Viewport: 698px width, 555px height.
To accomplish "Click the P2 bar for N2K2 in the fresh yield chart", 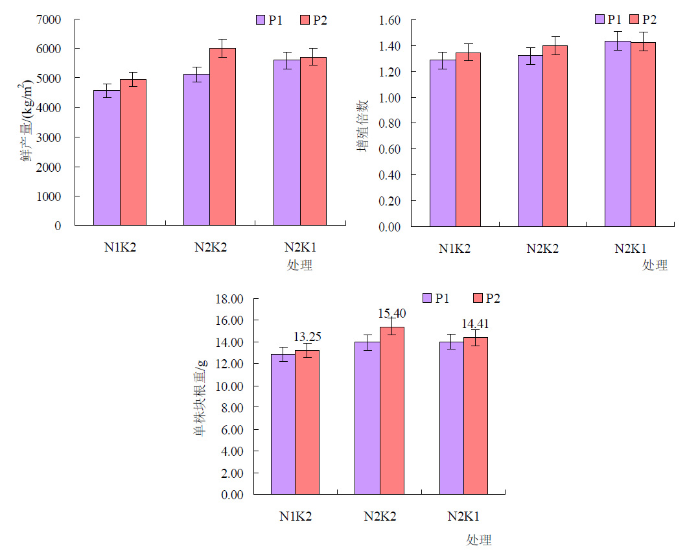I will click(222, 137).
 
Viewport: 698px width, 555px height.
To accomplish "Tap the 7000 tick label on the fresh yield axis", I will click(49, 19).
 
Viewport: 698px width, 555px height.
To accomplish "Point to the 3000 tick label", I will click(49, 137).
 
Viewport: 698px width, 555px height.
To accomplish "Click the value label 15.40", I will click(392, 314).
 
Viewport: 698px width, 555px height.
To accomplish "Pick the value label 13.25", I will click(308, 337).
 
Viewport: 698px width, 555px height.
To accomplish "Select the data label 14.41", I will click(475, 324).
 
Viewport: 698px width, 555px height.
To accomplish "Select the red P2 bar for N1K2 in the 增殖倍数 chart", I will click(468, 139).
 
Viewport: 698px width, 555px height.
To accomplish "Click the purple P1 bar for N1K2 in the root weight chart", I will click(283, 424).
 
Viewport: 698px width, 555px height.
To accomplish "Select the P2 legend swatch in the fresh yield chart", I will click(305, 20).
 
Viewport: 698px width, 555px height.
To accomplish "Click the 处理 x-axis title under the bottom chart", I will click(479, 540).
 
